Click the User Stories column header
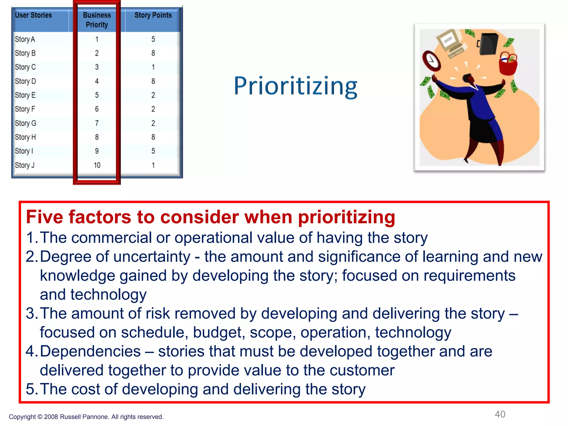(33, 15)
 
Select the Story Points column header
(153, 15)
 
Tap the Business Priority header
(97, 20)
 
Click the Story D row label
(25, 81)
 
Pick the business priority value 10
(97, 165)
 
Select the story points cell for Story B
(153, 53)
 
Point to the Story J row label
(25, 165)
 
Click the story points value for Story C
(153, 67)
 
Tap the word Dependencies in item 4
(90, 351)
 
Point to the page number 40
(500, 414)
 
